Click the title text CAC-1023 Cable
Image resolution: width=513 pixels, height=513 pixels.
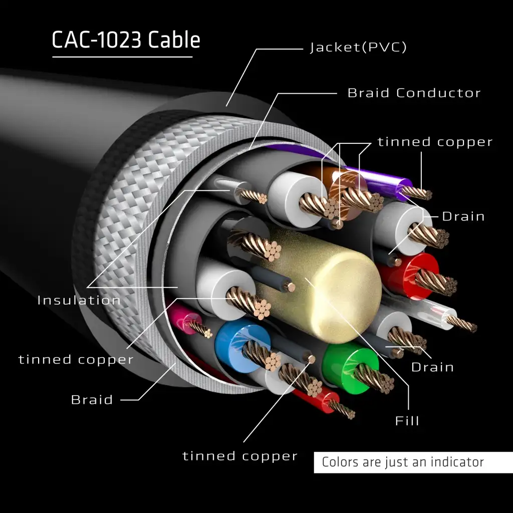click(x=126, y=40)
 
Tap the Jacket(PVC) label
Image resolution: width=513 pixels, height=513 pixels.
click(x=358, y=48)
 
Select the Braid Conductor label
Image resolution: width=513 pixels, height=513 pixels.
click(x=414, y=93)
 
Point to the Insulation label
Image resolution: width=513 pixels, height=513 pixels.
click(x=79, y=300)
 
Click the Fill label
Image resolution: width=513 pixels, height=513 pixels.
click(x=407, y=420)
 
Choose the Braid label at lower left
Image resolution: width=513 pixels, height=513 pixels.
click(x=92, y=400)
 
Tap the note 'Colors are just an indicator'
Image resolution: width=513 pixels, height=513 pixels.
click(x=403, y=462)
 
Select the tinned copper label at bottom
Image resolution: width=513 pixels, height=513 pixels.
click(x=240, y=456)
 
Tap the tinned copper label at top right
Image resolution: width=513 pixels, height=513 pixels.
click(x=435, y=142)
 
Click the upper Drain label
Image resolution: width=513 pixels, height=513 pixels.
click(x=463, y=216)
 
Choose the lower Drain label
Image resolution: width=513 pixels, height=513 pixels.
click(x=432, y=367)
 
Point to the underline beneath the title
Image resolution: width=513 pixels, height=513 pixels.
click(x=122, y=57)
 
